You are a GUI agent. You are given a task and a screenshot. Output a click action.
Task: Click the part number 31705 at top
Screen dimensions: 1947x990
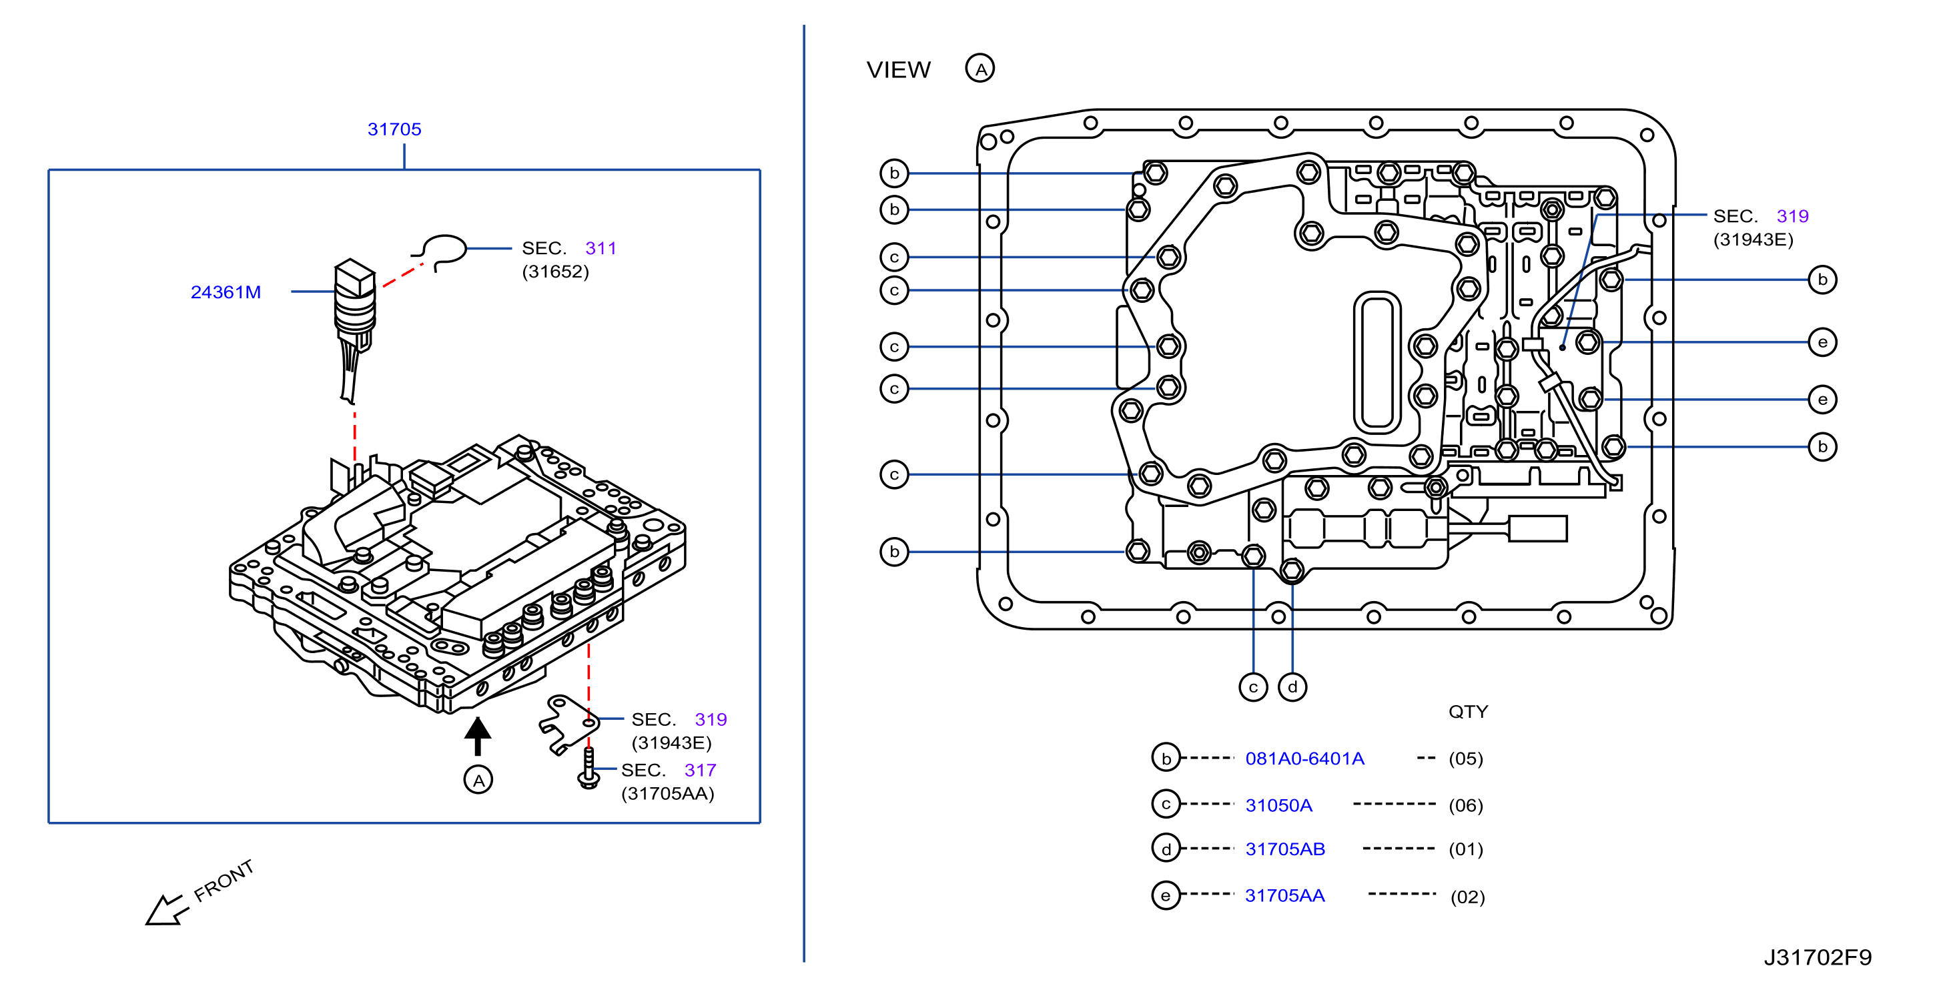coord(394,129)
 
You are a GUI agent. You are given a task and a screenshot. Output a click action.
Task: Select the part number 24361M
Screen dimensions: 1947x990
coord(226,292)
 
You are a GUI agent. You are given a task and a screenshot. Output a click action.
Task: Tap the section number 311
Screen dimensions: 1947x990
coord(601,248)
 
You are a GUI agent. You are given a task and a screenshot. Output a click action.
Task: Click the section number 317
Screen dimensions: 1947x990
coord(700,770)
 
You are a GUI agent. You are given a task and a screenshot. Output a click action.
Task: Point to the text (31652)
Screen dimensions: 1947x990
coord(556,272)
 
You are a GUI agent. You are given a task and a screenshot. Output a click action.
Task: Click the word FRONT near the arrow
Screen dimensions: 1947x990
coord(223,881)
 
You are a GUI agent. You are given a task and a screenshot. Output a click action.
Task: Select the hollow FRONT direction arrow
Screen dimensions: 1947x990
coord(165,909)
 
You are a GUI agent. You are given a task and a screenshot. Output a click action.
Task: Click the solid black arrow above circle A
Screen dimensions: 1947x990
coord(478,735)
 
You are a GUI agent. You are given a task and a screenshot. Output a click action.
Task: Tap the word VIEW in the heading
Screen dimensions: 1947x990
coord(899,69)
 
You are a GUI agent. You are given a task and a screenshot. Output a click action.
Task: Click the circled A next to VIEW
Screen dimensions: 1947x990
coord(980,69)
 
